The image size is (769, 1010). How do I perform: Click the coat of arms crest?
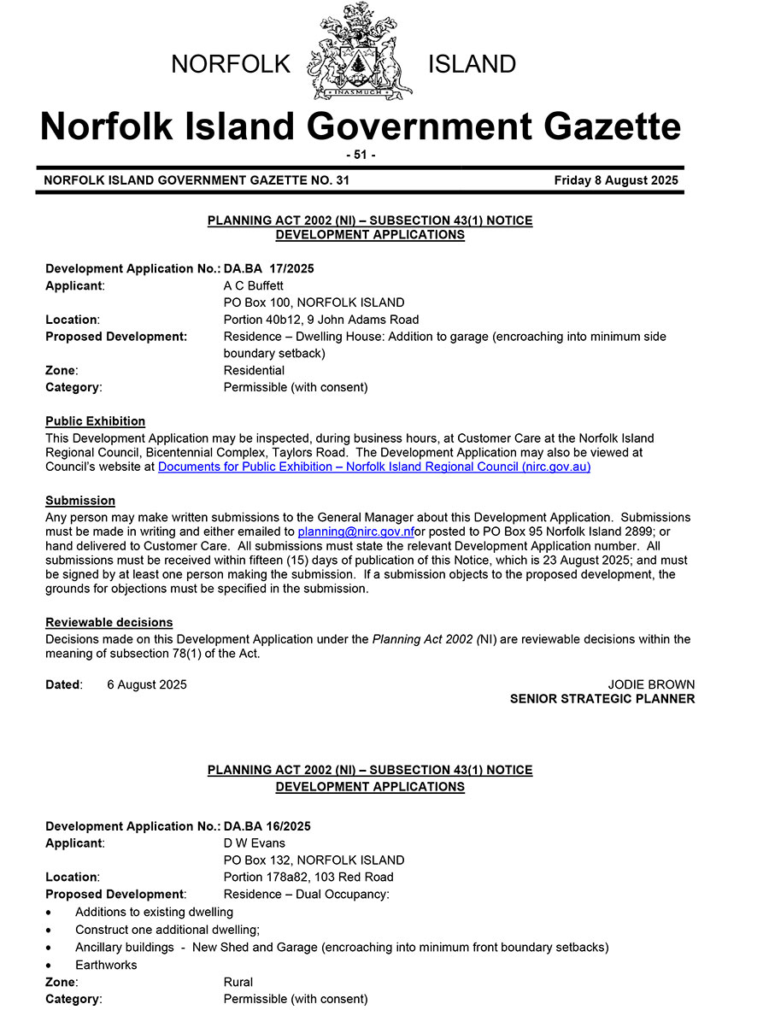pos(359,51)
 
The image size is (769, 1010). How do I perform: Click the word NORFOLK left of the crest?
pos(231,64)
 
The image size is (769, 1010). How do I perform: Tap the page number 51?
pos(360,155)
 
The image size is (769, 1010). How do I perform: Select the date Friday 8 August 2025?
pos(615,180)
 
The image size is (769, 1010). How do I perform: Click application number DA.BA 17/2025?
pos(268,268)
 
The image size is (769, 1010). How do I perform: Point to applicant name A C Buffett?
pos(253,285)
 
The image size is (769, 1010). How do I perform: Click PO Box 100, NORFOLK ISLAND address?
pos(314,302)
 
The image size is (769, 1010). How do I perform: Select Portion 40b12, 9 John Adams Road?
pos(321,320)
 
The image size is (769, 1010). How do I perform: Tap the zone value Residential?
pos(254,370)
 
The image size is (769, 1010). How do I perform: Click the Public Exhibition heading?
pos(95,421)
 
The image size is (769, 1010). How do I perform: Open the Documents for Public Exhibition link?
pos(374,467)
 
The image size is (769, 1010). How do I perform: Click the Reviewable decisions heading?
pos(109,622)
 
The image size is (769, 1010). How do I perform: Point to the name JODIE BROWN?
pos(651,684)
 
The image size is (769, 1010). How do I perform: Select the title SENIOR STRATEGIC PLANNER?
pos(602,699)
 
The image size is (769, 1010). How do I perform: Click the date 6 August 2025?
pos(147,684)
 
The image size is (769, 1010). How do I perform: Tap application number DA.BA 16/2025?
pos(267,826)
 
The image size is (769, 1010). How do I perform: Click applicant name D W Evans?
pos(254,843)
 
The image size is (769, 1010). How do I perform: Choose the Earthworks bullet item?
pos(106,965)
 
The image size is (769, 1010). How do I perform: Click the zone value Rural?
pos(238,982)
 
